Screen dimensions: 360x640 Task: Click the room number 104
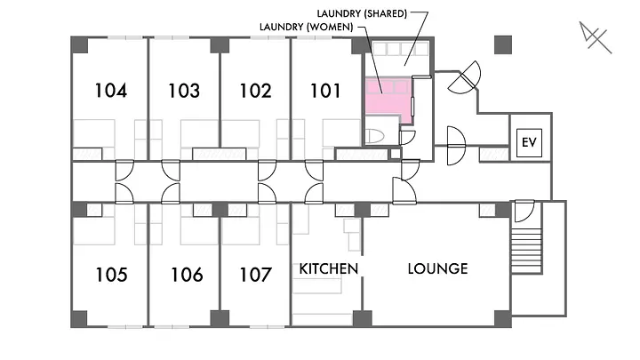pyautogui.click(x=110, y=90)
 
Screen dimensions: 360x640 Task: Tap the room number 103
pyautogui.click(x=183, y=90)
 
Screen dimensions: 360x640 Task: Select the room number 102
pyautogui.click(x=255, y=90)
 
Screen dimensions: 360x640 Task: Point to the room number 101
pyautogui.click(x=326, y=90)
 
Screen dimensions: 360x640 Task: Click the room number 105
pyautogui.click(x=110, y=275)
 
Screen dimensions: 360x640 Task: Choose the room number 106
pyautogui.click(x=186, y=275)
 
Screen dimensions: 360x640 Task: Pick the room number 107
pyautogui.click(x=255, y=275)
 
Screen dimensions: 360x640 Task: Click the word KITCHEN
pyautogui.click(x=328, y=268)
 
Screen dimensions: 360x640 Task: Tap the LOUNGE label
pyautogui.click(x=437, y=268)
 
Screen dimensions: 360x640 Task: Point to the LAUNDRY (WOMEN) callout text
pyautogui.click(x=306, y=27)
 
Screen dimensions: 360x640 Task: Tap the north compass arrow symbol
pyautogui.click(x=593, y=38)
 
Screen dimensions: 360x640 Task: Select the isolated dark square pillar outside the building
pyautogui.click(x=503, y=44)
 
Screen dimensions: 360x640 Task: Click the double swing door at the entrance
pyautogui.click(x=463, y=81)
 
